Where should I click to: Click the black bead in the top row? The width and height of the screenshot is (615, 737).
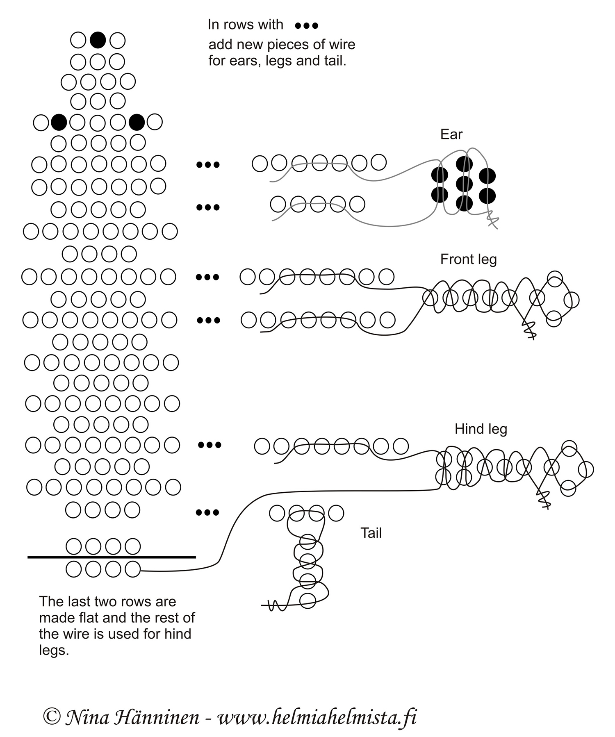pyautogui.click(x=98, y=40)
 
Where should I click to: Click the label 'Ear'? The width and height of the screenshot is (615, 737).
pyautogui.click(x=451, y=134)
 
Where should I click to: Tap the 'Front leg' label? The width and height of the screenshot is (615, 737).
pyautogui.click(x=468, y=259)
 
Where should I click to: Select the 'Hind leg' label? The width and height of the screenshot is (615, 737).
pyautogui.click(x=481, y=429)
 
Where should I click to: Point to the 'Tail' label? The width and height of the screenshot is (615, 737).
pyautogui.click(x=371, y=533)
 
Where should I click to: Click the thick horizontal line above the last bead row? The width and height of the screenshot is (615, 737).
pyautogui.click(x=112, y=557)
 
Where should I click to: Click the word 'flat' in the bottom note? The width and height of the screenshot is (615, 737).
pyautogui.click(x=98, y=618)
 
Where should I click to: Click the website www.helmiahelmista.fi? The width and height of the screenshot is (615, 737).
pyautogui.click(x=317, y=717)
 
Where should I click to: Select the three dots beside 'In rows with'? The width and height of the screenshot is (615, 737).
pyautogui.click(x=307, y=26)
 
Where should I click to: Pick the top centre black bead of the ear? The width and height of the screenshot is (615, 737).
pyautogui.click(x=464, y=164)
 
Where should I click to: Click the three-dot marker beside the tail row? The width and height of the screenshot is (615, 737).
pyautogui.click(x=207, y=512)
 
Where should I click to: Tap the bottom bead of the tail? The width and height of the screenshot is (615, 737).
pyautogui.click(x=307, y=601)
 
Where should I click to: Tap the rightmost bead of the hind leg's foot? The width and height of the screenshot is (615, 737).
pyautogui.click(x=586, y=469)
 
